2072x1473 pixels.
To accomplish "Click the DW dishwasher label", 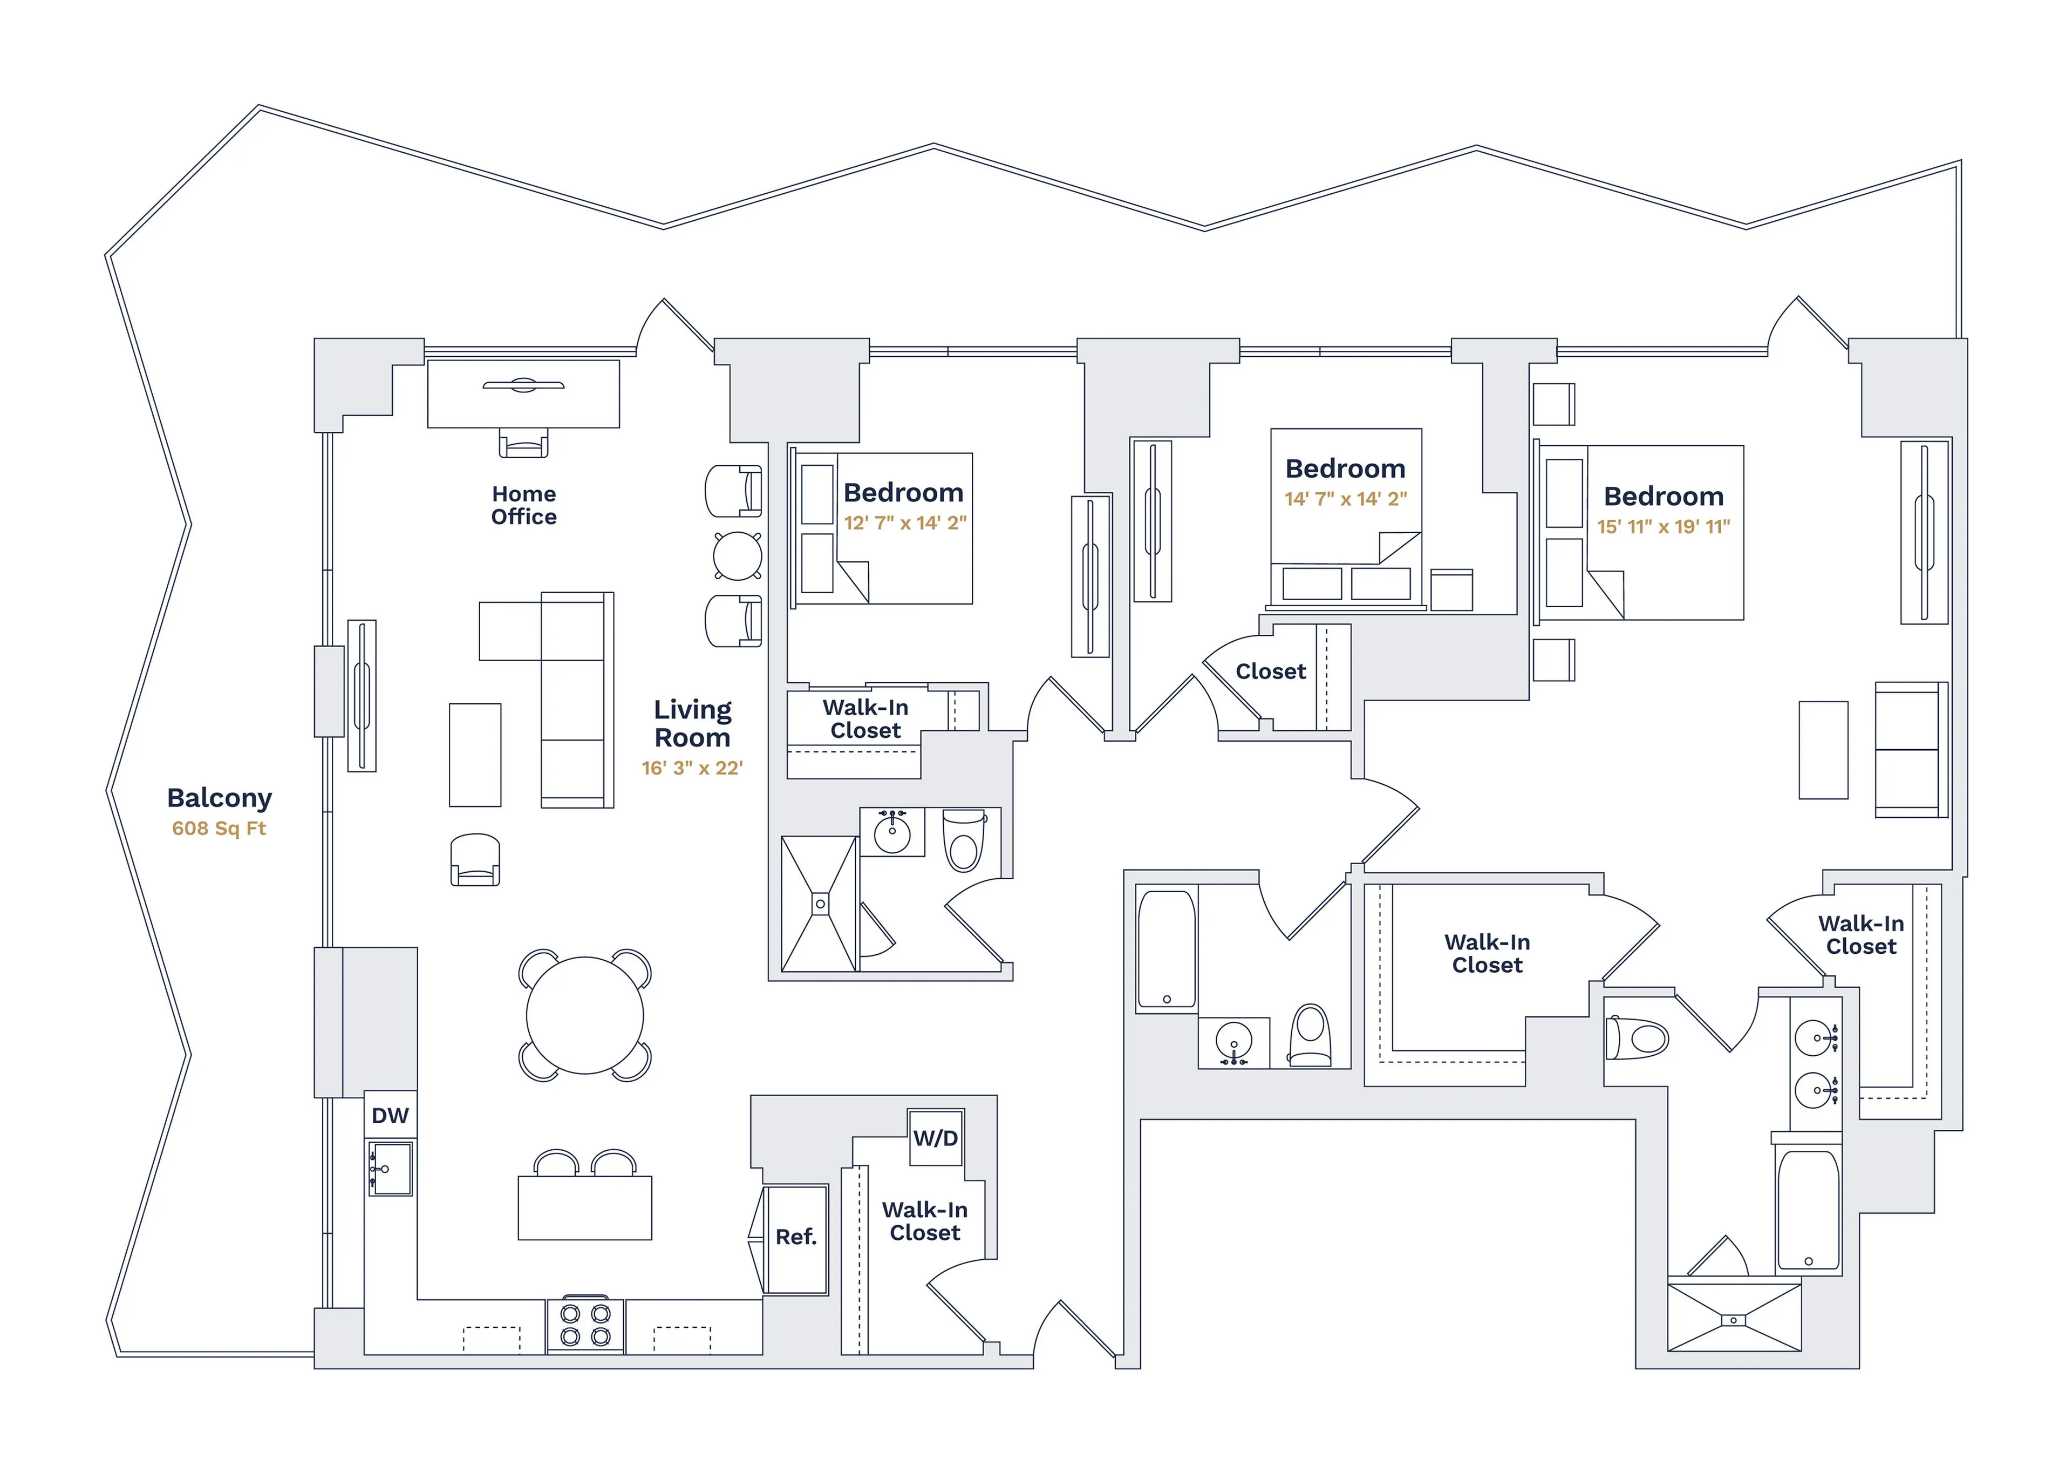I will point(390,1116).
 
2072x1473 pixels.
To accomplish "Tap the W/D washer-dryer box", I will point(935,1137).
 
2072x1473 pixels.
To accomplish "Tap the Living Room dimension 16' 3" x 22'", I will point(692,768).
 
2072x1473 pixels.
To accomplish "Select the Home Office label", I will point(524,505).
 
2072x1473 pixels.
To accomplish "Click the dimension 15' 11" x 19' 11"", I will point(1663,527).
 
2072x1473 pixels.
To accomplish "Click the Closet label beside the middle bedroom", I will point(1270,671).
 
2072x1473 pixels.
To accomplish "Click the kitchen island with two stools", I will point(585,1207).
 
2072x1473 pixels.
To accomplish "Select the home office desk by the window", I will point(523,393).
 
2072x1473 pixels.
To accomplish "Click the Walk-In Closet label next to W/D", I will point(924,1221).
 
